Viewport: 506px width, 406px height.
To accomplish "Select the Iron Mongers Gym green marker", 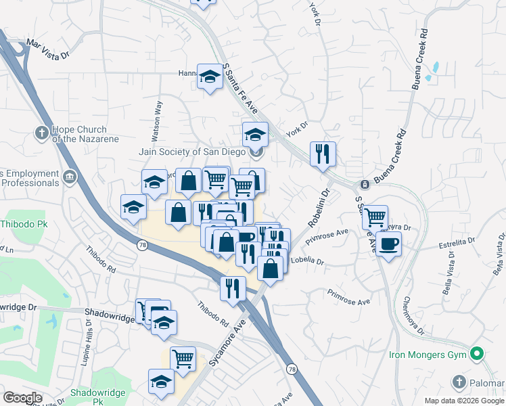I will tap(477, 354).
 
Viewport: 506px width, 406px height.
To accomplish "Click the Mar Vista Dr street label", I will tap(47, 50).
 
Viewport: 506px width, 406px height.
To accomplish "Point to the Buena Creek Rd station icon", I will tap(364, 184).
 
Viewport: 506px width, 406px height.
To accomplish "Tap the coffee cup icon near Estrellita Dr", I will tap(388, 244).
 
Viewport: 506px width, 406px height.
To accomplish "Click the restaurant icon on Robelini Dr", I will tap(323, 154).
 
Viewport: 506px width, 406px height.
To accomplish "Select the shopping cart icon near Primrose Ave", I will tap(374, 217).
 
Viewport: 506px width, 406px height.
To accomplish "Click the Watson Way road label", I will tap(157, 120).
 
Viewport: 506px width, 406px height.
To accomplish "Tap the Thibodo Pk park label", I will tap(22, 223).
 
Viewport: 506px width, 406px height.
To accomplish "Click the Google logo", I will tap(22, 398).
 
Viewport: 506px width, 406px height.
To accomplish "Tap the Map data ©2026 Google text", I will tap(463, 401).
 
